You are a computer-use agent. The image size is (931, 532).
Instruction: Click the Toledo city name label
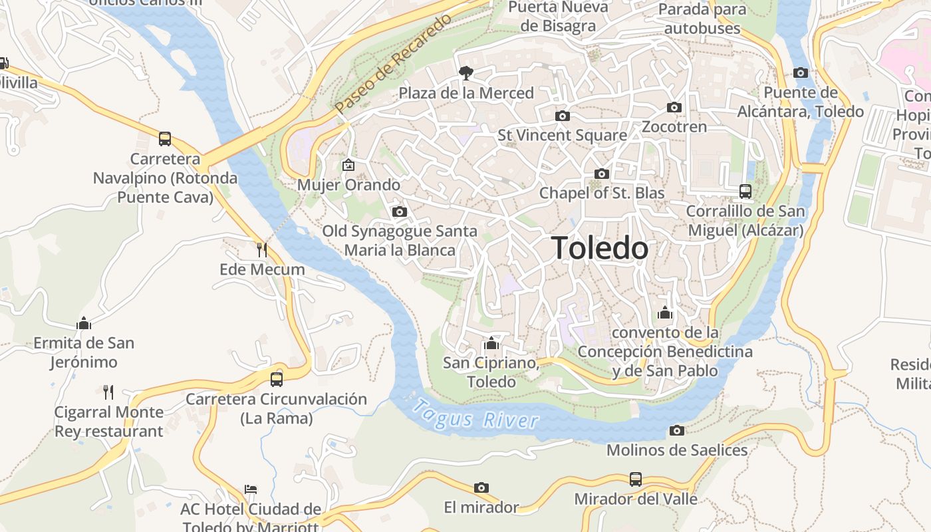[600, 248]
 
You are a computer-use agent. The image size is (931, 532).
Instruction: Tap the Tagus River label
[475, 413]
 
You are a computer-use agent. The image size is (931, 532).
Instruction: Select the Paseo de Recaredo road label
[393, 63]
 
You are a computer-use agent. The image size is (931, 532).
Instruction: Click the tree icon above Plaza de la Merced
[466, 72]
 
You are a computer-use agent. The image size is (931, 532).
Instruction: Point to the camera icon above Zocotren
[674, 107]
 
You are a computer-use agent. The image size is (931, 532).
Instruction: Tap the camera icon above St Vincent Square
[562, 116]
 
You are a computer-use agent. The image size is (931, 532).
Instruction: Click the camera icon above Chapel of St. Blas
[601, 174]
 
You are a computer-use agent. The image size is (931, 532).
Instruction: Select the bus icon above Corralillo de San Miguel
[745, 192]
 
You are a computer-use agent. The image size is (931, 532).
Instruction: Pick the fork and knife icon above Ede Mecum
[262, 250]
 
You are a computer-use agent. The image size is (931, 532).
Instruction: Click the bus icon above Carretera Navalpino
[165, 139]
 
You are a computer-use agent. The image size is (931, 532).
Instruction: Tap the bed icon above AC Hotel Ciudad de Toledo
[251, 489]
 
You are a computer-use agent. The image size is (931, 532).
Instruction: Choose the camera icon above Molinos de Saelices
[677, 430]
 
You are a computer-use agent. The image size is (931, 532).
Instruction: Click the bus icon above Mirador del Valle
[636, 479]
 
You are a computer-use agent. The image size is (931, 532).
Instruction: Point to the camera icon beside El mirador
[481, 487]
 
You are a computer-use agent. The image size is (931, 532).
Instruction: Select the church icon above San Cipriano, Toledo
[491, 343]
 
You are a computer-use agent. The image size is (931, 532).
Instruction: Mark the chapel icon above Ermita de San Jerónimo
[84, 323]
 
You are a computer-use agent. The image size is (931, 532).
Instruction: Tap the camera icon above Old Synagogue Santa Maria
[399, 211]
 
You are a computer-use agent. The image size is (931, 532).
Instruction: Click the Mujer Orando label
[348, 185]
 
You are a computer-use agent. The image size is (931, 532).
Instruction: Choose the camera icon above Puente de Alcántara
[801, 72]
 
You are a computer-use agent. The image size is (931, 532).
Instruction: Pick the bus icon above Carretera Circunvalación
[276, 379]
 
